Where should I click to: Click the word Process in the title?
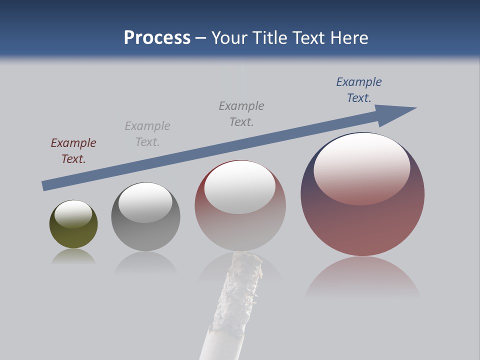[157, 38]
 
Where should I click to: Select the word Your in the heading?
[228, 38]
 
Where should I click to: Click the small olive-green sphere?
[73, 235]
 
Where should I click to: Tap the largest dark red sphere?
[362, 225]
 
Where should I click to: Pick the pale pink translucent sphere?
[240, 230]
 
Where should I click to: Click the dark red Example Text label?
[73, 150]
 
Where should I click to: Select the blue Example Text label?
[359, 89]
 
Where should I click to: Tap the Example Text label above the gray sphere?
[147, 133]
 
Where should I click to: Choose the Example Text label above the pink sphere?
[241, 113]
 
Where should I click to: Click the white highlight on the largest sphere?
[361, 167]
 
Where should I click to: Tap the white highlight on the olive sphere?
[73, 213]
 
